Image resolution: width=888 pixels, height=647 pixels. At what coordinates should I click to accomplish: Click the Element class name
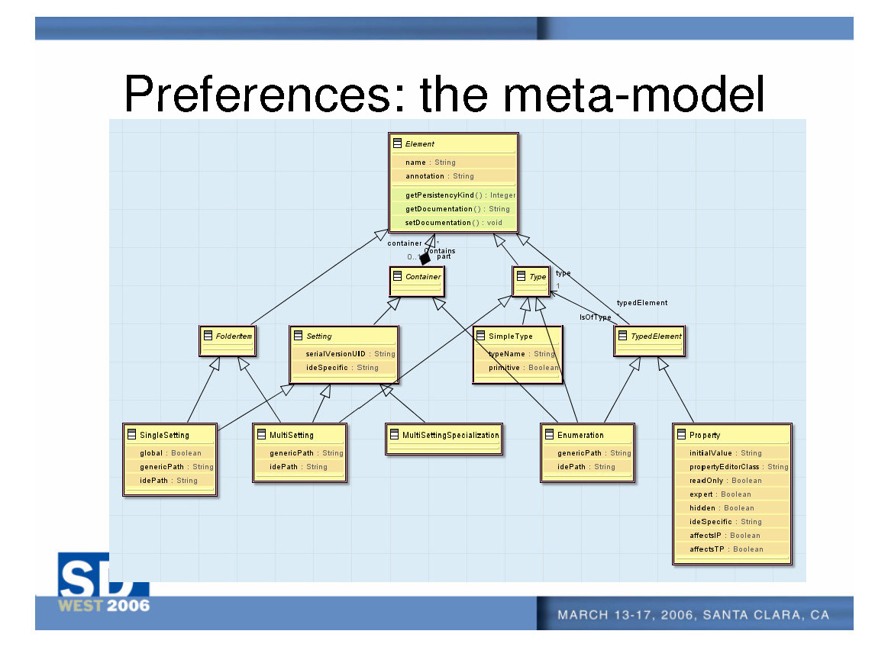tap(419, 143)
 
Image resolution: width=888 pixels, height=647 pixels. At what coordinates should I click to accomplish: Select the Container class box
tap(416, 282)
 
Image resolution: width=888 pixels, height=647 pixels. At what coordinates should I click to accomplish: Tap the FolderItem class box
tap(227, 340)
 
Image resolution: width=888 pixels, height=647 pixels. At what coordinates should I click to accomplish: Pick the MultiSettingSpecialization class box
tap(444, 439)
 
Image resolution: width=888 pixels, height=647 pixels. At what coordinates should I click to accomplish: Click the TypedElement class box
tap(649, 340)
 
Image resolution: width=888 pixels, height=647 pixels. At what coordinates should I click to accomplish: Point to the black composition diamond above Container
tap(425, 259)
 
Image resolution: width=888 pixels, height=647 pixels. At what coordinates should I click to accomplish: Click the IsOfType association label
tap(595, 317)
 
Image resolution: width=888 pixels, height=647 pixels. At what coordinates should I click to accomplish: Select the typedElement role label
tap(641, 303)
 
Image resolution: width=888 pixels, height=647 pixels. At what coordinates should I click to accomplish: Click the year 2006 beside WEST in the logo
tap(128, 606)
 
